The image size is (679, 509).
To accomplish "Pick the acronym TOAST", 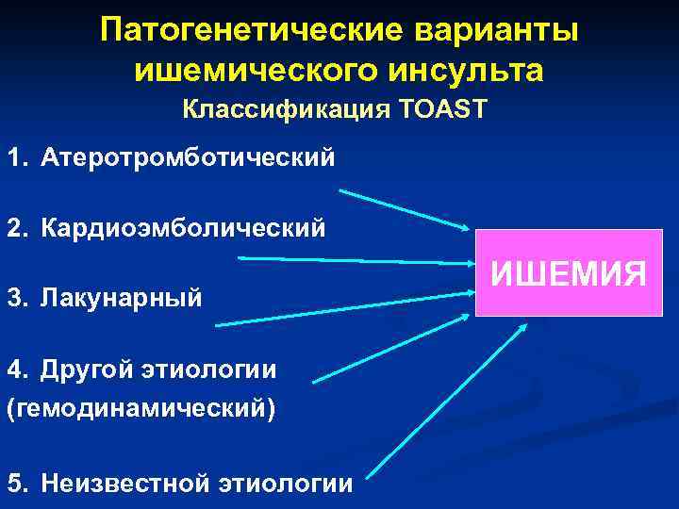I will click(444, 109).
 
